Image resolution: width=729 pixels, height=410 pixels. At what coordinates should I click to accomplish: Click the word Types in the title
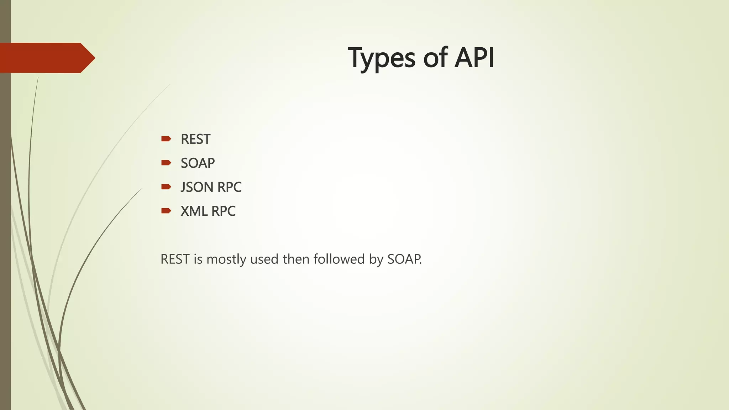[x=381, y=58]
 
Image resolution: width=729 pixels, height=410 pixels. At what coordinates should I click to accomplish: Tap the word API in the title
[x=474, y=58]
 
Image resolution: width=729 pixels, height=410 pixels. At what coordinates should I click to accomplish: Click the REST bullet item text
[x=195, y=139]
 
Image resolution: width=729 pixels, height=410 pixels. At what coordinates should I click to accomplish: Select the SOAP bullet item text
[x=198, y=163]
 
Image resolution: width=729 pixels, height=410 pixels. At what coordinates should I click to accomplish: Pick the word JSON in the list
[x=196, y=187]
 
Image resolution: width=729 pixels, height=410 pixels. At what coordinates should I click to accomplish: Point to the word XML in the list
[x=194, y=211]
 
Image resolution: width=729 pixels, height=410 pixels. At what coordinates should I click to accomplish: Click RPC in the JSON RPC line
[x=229, y=187]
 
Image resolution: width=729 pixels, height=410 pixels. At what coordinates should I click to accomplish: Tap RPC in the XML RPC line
[x=223, y=211]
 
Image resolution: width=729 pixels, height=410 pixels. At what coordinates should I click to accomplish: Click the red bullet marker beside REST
[x=166, y=139]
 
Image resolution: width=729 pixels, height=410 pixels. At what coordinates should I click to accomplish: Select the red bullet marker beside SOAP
[x=166, y=163]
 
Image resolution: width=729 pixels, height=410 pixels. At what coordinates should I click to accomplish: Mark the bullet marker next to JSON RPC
[x=166, y=187]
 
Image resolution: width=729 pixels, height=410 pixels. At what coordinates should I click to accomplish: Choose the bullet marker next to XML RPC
[x=166, y=211]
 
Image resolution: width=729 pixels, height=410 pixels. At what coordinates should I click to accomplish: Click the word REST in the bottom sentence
[x=175, y=259]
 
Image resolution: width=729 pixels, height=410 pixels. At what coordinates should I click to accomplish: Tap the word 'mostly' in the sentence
[x=226, y=259]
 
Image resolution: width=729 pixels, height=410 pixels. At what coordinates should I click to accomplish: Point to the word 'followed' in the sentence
[x=339, y=259]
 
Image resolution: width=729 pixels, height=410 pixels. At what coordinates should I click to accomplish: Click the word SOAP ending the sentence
[x=404, y=259]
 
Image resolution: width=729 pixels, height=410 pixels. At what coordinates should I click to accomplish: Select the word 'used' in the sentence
[x=264, y=259]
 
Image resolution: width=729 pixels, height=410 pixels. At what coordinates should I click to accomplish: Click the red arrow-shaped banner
[x=46, y=58]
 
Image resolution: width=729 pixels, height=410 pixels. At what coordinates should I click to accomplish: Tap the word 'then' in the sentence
[x=296, y=259]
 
